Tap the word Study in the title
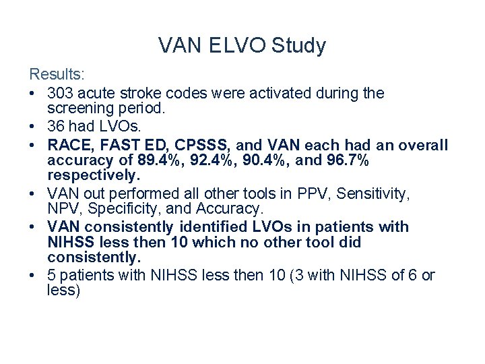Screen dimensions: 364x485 tap(298, 46)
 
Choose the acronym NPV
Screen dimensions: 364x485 tap(63, 208)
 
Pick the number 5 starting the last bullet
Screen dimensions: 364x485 tap(53, 276)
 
